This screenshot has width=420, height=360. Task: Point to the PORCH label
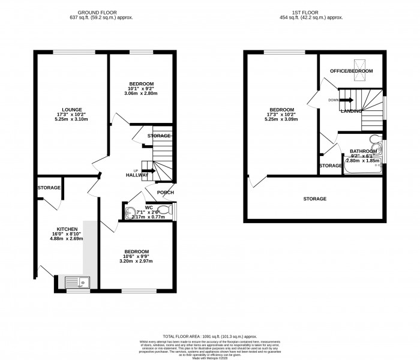pos(166,192)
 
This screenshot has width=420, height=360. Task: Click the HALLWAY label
pos(137,175)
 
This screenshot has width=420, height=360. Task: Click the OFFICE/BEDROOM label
pos(351,71)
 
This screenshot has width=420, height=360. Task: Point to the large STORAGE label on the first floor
pos(314,199)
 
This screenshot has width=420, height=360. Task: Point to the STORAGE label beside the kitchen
pos(49,188)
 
